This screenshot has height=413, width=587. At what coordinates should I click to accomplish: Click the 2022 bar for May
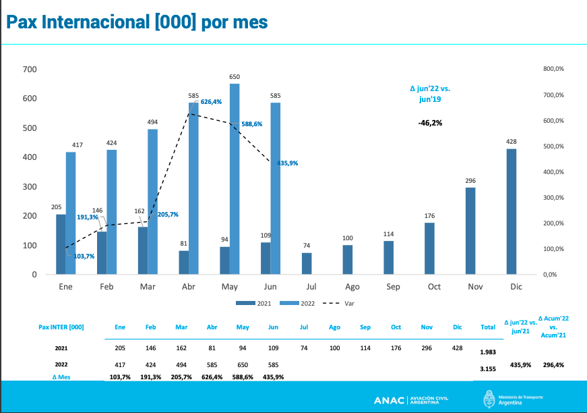[235, 179]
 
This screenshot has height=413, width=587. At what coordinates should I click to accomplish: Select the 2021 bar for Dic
[512, 211]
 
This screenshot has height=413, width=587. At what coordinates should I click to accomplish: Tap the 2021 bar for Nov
[470, 231]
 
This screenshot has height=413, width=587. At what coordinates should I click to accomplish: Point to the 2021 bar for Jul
[307, 263]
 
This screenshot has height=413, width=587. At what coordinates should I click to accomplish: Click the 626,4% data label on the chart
[211, 102]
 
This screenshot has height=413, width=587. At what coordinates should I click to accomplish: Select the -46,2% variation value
[430, 123]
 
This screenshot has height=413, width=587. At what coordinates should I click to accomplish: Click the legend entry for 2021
[253, 304]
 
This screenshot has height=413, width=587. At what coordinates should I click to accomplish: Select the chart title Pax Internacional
[137, 22]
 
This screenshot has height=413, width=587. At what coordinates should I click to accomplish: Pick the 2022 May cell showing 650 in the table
[243, 364]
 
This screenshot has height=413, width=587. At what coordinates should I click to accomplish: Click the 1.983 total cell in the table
[488, 352]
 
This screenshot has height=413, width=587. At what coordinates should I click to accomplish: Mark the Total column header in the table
[488, 327]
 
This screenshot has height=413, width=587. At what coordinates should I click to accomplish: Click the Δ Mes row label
[61, 377]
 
